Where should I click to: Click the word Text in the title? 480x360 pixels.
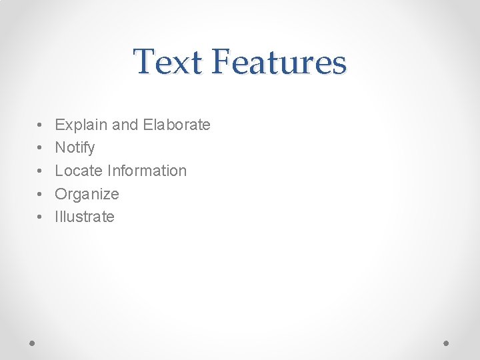167,61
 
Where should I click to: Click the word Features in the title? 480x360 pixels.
279,61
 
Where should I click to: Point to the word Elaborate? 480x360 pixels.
177,125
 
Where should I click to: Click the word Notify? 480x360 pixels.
75,148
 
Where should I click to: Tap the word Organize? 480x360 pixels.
87,195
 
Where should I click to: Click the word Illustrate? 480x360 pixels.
85,217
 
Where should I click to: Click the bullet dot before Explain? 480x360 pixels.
41,125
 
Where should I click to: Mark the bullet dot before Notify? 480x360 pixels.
41,148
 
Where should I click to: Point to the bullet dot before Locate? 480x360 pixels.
41,171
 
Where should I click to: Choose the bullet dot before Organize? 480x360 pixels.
41,195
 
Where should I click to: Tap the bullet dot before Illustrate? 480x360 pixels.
41,217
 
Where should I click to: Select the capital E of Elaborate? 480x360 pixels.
148,125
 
